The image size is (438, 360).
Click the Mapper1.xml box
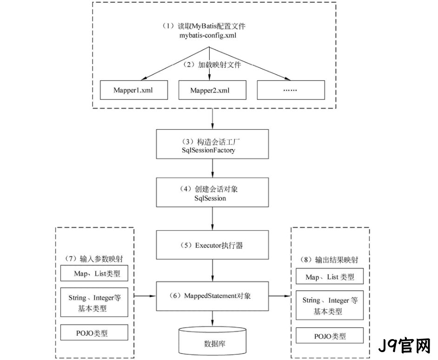click(x=134, y=90)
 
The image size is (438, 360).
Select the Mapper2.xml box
click(x=212, y=90)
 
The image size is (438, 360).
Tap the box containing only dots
click(x=291, y=90)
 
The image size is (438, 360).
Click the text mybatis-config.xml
click(x=207, y=35)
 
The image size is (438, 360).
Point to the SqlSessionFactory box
click(x=212, y=144)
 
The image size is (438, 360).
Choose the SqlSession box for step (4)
click(x=212, y=192)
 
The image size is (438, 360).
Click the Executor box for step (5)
click(x=212, y=245)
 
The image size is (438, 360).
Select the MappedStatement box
click(x=212, y=296)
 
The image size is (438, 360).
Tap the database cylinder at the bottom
click(x=212, y=340)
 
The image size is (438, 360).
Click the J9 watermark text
click(x=404, y=346)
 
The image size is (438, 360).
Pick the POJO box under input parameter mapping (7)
click(x=94, y=332)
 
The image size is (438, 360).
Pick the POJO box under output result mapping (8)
click(x=330, y=335)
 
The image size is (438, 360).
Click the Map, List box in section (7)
click(x=94, y=273)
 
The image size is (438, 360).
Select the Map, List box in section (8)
click(x=330, y=276)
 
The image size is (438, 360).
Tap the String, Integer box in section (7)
click(x=94, y=302)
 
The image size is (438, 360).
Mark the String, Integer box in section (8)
click(x=330, y=305)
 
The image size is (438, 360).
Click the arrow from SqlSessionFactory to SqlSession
click(x=212, y=168)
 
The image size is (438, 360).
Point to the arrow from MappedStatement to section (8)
click(x=279, y=296)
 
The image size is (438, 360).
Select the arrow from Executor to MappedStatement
click(x=212, y=270)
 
